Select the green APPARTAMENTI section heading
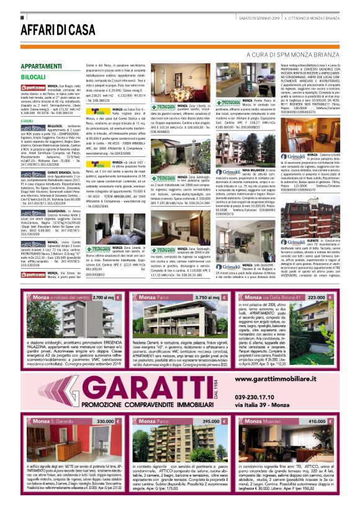click(41, 66)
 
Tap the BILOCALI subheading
click(34, 76)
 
